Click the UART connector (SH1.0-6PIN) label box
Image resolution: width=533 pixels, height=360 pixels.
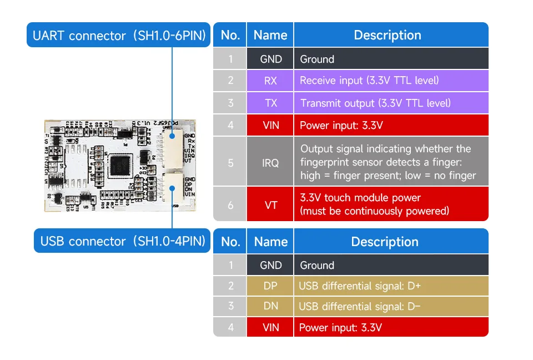119,36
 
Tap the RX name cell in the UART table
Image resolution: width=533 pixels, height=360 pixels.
270,81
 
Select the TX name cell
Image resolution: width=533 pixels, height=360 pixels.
270,103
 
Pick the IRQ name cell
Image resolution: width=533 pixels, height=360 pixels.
270,163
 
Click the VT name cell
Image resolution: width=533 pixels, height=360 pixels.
270,204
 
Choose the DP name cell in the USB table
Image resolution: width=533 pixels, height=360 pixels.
270,286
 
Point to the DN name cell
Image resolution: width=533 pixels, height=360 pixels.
270,306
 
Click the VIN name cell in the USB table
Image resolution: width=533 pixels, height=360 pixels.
270,327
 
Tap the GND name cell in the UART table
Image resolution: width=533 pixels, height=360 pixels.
270,59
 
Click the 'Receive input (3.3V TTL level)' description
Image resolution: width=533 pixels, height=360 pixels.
369,81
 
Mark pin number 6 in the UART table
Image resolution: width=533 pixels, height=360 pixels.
230,204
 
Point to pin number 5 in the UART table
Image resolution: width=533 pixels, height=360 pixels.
230,163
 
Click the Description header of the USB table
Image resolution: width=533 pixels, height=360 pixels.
385,242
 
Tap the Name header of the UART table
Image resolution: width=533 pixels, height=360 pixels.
270,35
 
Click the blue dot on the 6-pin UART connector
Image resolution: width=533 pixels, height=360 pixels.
172,135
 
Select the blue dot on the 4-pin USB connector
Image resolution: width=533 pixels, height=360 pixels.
173,188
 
